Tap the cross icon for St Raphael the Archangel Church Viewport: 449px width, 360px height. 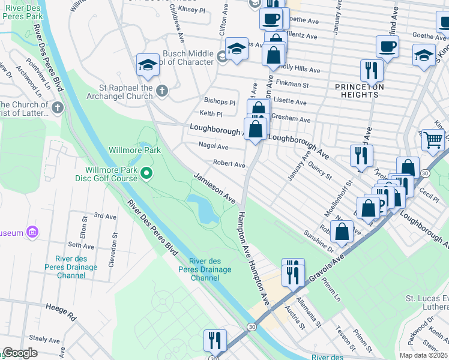(x=161, y=92)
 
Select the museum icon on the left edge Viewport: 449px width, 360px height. (x=32, y=232)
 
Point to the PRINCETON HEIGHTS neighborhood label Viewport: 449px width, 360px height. (x=359, y=91)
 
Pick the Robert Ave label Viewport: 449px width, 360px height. (x=229, y=164)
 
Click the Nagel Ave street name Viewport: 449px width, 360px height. (x=214, y=146)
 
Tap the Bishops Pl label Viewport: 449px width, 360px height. (x=220, y=102)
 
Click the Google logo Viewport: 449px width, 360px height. (x=20, y=353)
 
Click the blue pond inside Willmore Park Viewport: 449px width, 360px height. (x=204, y=208)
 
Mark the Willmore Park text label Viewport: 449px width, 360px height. (x=134, y=150)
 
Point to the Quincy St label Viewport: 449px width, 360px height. (x=319, y=170)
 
